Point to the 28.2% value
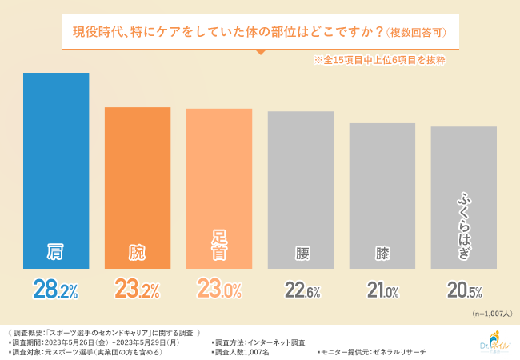[x=56, y=290]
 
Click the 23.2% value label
[x=138, y=290]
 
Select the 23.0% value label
[x=219, y=290]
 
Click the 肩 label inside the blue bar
[x=56, y=253]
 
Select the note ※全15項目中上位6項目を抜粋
[x=378, y=60]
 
